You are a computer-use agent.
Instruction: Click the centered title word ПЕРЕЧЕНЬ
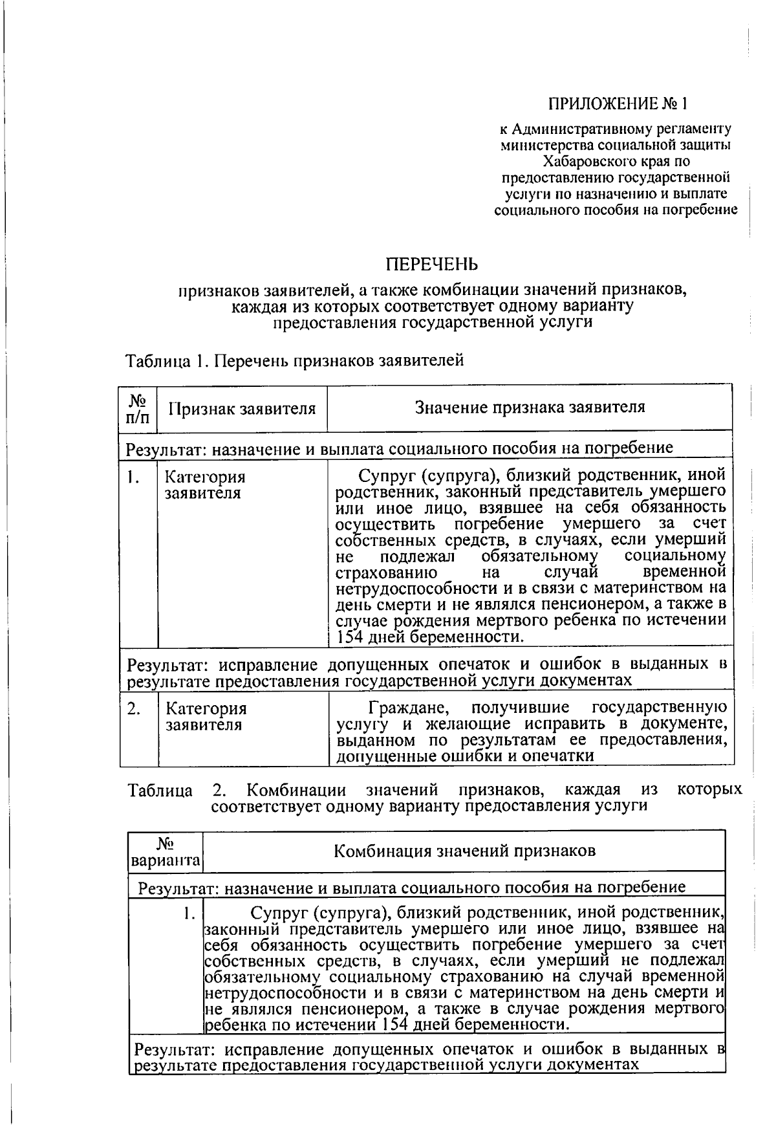[432, 264]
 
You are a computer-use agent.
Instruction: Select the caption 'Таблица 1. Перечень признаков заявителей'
[295, 360]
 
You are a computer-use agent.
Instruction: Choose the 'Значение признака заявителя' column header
[530, 407]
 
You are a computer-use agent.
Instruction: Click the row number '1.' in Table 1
[134, 477]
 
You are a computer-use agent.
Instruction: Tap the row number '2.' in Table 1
[134, 709]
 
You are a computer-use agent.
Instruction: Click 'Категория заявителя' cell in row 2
[206, 717]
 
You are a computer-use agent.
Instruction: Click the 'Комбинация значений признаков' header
[464, 851]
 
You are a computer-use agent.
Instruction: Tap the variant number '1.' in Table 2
[189, 914]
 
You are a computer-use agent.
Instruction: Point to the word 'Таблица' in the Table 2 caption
[160, 791]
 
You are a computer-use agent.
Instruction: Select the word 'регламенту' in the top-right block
[700, 129]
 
